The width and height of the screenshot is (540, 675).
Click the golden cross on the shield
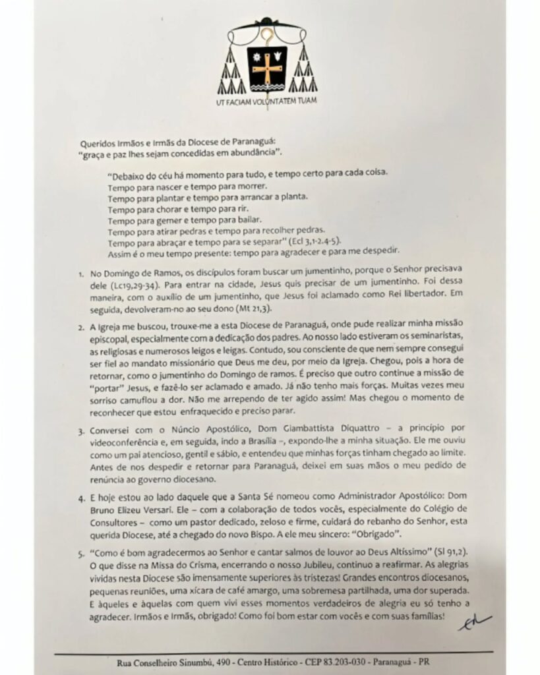pos(267,67)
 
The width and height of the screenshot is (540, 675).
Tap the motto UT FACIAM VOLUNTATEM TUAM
pos(267,102)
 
